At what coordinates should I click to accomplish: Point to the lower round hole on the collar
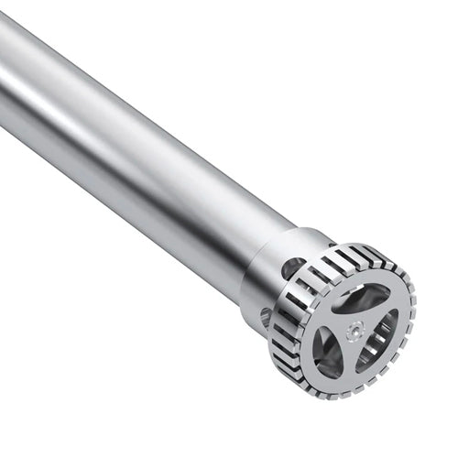click(267, 317)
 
